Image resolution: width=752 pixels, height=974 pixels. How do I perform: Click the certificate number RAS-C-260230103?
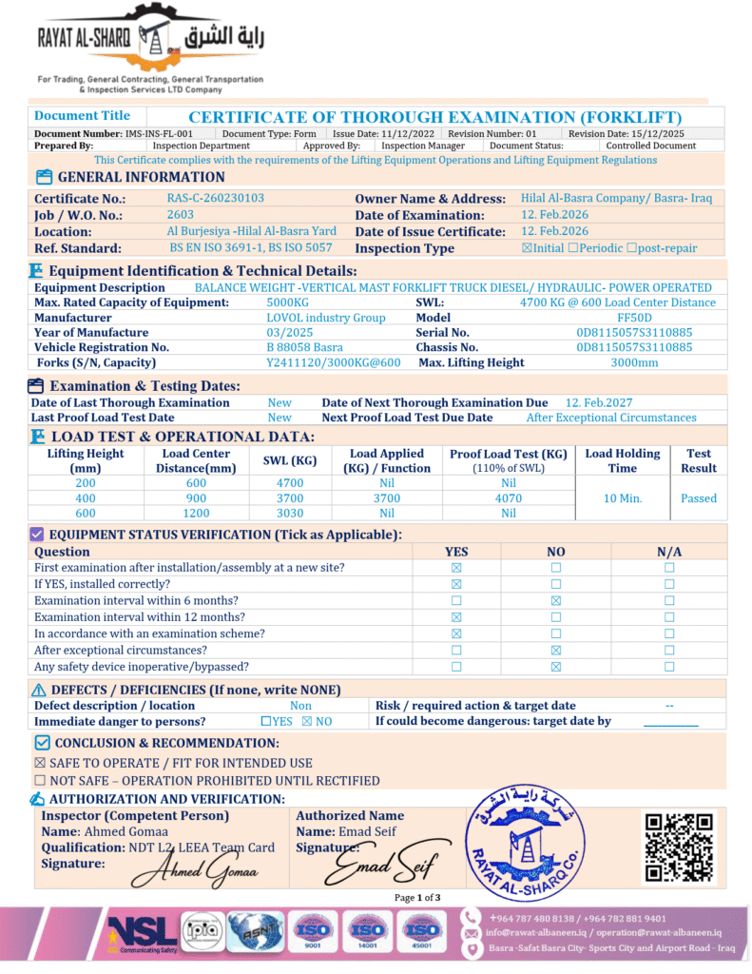[215, 199]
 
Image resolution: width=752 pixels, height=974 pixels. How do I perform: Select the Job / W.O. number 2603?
[181, 215]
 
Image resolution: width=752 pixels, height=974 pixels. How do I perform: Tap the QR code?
[678, 847]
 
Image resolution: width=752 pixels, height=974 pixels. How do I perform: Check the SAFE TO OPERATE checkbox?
[40, 763]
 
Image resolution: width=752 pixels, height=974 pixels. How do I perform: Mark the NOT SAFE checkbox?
[40, 781]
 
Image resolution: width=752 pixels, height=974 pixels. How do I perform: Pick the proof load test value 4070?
[509, 497]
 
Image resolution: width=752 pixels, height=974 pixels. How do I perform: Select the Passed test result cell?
[699, 498]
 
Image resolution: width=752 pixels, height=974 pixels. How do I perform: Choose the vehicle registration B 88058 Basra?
[304, 348]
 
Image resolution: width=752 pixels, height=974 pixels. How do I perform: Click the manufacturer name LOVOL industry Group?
[326, 318]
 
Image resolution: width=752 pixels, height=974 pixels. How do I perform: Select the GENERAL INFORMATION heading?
[142, 177]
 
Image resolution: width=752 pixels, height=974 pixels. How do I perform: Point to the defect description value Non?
[300, 706]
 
